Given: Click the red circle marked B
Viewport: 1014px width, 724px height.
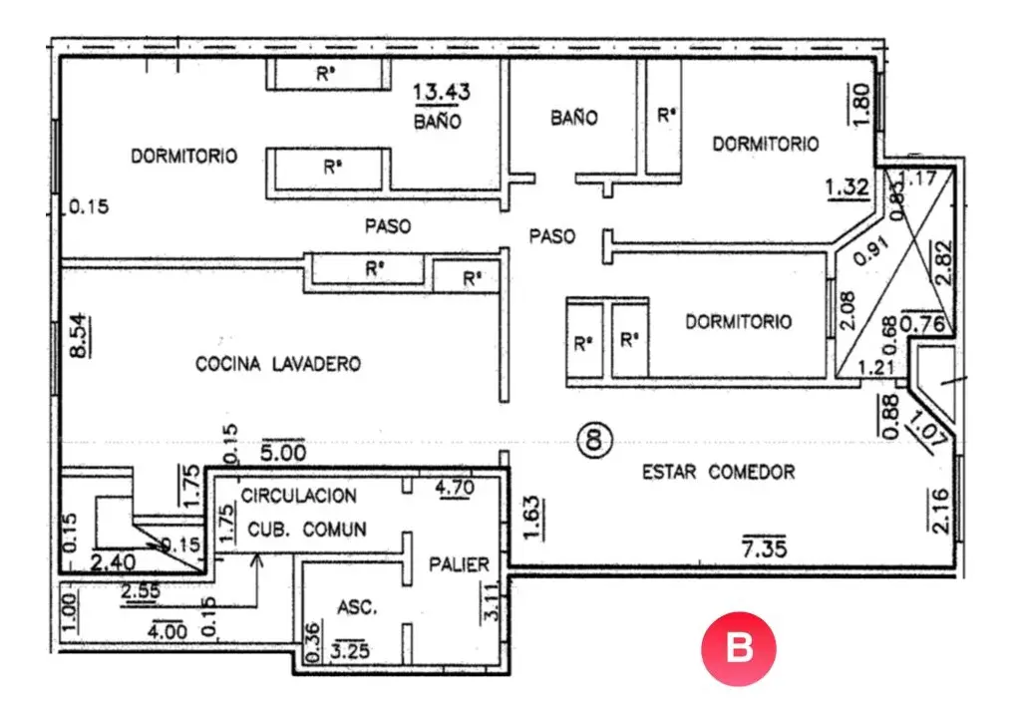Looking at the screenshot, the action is pos(739,648).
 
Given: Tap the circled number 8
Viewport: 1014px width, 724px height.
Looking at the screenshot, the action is pos(594,440).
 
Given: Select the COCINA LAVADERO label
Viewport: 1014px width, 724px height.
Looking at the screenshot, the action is pos(278,364).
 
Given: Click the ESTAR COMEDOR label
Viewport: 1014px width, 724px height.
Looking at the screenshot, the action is pos(719,473).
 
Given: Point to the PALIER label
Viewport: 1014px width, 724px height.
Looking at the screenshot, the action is pos(460,564).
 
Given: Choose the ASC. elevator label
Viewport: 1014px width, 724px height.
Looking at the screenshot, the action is pos(357,607).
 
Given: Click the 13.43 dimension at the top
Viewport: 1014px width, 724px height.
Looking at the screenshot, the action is pos(442,92).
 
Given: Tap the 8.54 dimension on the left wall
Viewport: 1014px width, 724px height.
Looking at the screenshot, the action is pos(78,335).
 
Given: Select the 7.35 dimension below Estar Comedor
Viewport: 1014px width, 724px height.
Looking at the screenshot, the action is pos(765,548).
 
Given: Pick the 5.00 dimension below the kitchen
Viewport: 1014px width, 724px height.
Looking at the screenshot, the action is pos(283,452).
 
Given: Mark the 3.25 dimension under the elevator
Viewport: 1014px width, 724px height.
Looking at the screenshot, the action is pos(350,650).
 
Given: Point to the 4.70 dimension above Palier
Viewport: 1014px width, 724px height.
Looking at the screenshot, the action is pos(455,487).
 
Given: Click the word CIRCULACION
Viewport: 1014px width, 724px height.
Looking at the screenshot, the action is pos(299,496).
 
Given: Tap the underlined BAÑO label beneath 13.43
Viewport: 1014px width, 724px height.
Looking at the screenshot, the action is pos(437,121).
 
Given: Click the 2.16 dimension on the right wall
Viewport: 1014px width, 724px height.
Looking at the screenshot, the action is pos(941,512).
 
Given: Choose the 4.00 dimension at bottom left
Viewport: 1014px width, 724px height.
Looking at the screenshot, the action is pos(168,630).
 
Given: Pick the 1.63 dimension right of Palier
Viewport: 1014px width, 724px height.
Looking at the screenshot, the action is pos(530,518).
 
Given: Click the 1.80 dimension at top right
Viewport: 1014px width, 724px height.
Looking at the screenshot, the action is pos(860,104).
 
